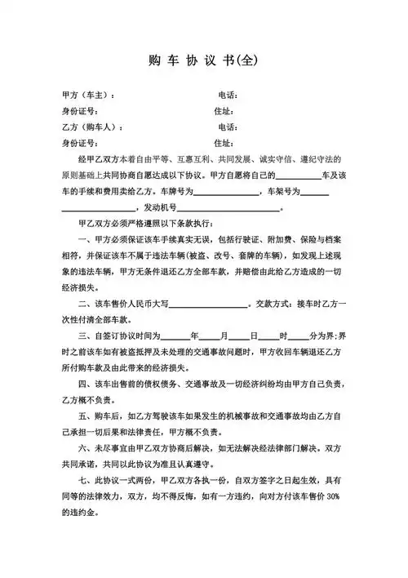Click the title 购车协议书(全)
203,60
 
